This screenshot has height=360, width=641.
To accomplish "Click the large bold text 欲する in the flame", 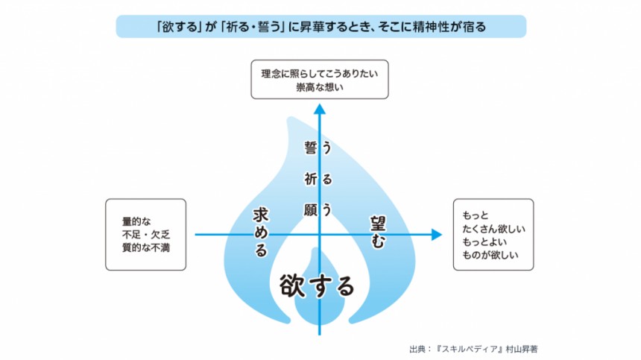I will pyautogui.click(x=317, y=284).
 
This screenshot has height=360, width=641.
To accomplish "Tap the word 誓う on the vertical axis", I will pyautogui.click(x=318, y=148).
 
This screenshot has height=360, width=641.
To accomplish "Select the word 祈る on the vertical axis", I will pyautogui.click(x=318, y=179).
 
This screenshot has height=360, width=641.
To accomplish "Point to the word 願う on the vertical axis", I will pyautogui.click(x=318, y=209).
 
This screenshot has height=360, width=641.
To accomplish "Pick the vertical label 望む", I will pyautogui.click(x=378, y=232).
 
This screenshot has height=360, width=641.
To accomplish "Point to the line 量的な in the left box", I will pyautogui.click(x=136, y=221).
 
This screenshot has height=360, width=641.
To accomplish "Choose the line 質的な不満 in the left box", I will pyautogui.click(x=145, y=247).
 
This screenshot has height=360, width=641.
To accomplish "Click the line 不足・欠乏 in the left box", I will pyautogui.click(x=145, y=234).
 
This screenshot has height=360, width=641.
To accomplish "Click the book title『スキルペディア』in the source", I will pyautogui.click(x=471, y=348).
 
